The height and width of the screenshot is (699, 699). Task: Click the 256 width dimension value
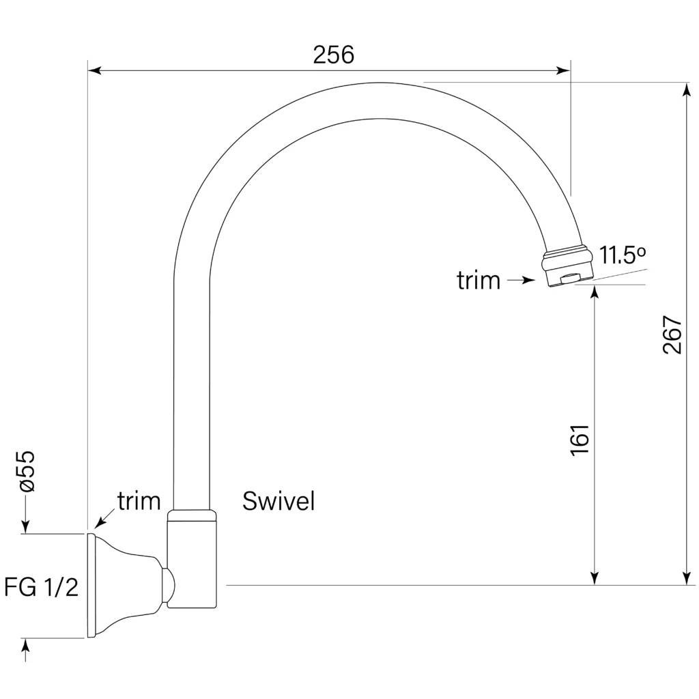pos(333,55)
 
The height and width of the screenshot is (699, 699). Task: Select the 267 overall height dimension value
pos(672,334)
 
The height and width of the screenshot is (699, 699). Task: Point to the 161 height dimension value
pos(580,440)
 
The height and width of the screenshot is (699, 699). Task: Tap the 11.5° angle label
pos(623,255)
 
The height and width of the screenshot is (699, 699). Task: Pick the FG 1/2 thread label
pos(41,587)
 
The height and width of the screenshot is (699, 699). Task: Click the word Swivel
pos(279,501)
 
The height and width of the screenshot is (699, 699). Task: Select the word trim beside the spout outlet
pos(479,281)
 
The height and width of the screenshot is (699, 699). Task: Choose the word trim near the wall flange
pos(139,501)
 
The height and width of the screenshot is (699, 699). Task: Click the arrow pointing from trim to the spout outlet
pos(521,281)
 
